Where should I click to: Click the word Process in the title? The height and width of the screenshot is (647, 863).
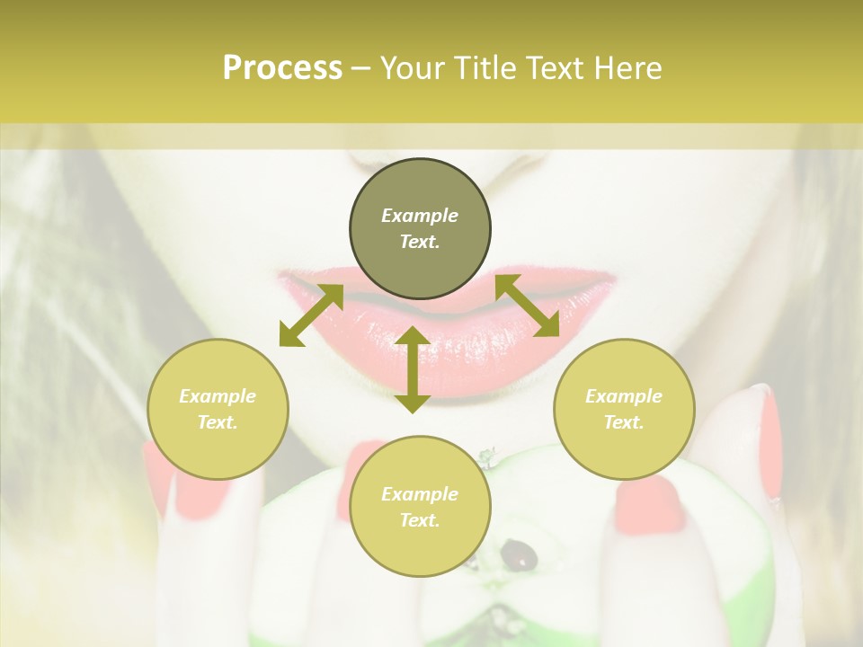pos(282,68)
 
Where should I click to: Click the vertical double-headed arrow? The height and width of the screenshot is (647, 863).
pos(413,369)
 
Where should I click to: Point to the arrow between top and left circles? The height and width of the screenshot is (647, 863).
pos(311,315)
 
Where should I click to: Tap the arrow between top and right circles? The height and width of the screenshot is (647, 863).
pos(528,306)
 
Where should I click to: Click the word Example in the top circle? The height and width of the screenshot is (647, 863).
pos(420,216)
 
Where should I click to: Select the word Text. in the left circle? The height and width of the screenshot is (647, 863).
pos(218,422)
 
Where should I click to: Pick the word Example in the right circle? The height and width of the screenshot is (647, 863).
pos(624,396)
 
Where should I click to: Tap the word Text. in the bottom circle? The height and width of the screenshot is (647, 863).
pos(420,520)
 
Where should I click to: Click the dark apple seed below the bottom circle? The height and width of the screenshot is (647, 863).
pos(520,554)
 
